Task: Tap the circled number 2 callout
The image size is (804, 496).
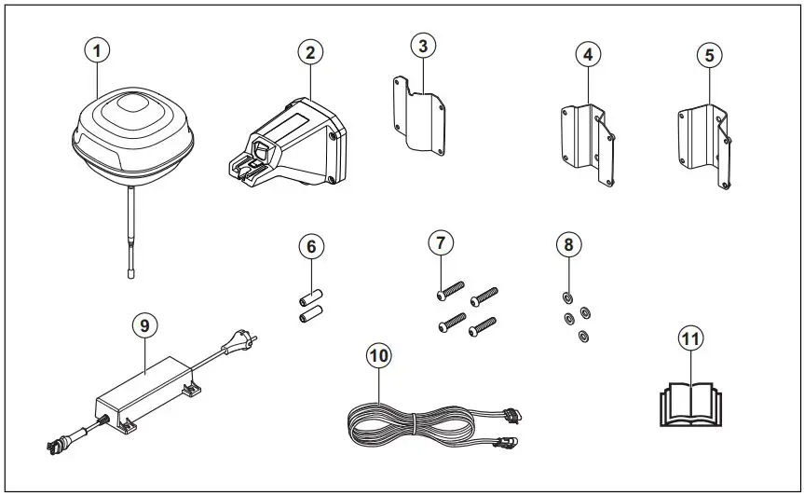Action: (309, 52)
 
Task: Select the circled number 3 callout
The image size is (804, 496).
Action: (424, 45)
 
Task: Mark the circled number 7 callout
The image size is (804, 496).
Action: (441, 243)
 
